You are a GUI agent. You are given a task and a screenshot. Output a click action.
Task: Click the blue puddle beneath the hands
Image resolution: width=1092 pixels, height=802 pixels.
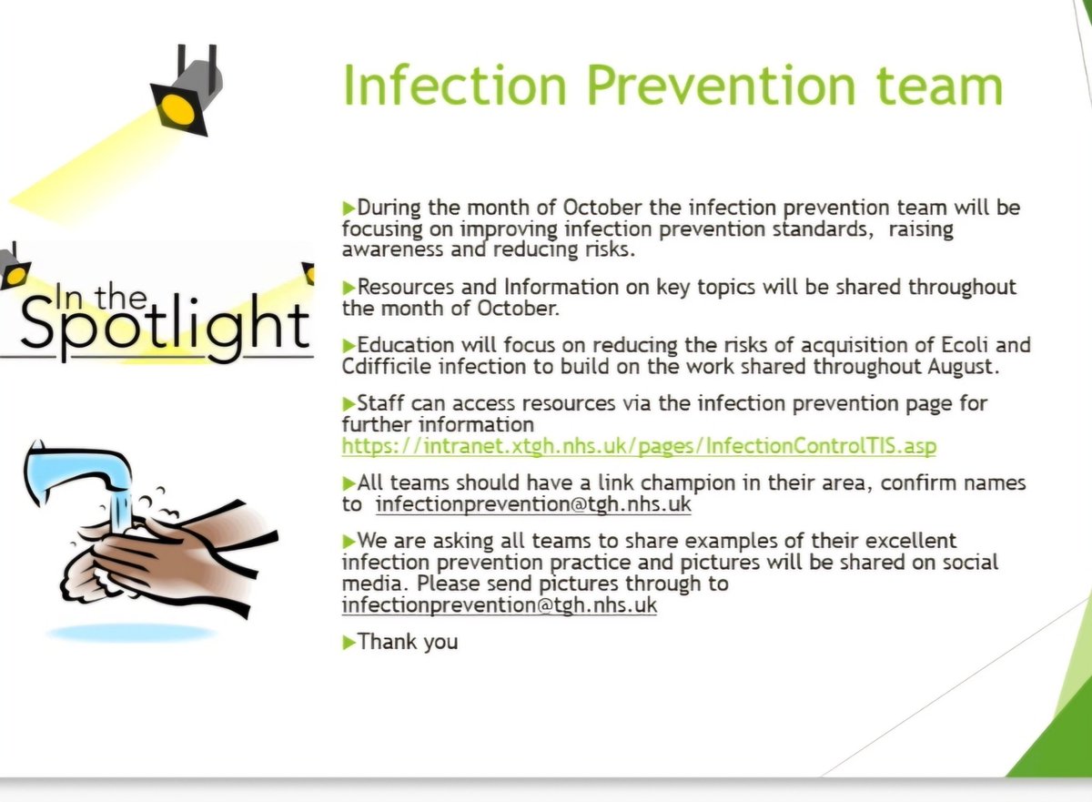(x=131, y=632)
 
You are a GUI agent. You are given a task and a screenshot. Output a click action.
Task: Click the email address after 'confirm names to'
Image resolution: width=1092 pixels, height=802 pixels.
(x=533, y=504)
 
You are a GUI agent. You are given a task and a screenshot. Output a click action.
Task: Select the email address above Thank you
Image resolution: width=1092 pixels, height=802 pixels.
(x=499, y=605)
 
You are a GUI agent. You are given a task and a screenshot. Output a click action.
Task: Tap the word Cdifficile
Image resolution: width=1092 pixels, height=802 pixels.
(x=389, y=368)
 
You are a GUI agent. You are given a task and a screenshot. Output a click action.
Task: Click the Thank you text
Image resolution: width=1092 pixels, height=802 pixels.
(x=408, y=642)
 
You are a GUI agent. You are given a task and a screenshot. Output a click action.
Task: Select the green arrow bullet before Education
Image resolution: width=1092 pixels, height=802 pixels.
(x=349, y=346)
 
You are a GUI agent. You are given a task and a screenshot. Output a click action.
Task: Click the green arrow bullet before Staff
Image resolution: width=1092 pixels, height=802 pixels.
(x=349, y=403)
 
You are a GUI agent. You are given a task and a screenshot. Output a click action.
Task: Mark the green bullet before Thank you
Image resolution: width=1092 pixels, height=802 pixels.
(x=349, y=643)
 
